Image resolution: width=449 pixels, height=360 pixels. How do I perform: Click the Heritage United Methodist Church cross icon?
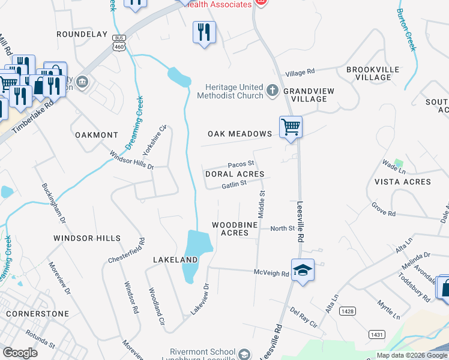coord(272,91)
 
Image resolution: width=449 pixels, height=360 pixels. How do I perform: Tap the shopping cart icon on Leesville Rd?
coord(291,127)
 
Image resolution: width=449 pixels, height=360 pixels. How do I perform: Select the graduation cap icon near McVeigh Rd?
coord(303,270)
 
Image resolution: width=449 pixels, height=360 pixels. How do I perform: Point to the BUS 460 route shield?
coord(118,43)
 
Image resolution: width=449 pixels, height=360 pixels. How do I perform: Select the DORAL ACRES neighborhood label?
coord(235,174)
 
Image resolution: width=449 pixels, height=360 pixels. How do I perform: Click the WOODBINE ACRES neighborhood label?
coord(235,229)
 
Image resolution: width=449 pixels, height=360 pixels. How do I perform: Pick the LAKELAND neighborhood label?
coord(175,260)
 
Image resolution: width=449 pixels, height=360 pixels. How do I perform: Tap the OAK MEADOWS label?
coord(240,134)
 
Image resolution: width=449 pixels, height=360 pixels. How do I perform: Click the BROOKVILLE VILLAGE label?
coord(373,74)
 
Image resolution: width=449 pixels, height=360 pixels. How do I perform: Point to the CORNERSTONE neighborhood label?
coord(34,314)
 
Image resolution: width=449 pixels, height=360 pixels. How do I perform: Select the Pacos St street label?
coord(241,164)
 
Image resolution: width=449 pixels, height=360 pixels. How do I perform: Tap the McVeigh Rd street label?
coord(271,272)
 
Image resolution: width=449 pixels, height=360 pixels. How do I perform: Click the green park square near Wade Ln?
coord(399,163)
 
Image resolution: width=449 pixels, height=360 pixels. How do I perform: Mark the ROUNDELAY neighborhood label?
coord(82,35)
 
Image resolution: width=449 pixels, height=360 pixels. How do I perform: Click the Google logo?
coord(20,353)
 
